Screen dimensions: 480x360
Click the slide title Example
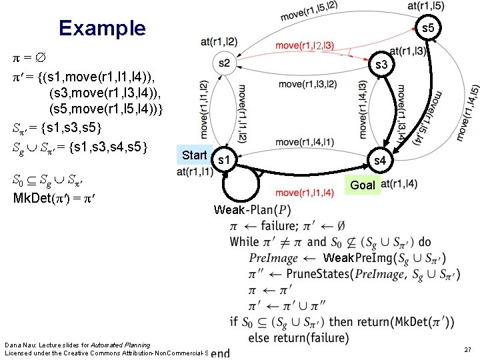[x=101, y=28]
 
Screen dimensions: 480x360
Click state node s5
[x=428, y=29]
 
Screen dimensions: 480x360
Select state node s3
[x=382, y=65]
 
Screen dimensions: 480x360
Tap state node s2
[x=224, y=63]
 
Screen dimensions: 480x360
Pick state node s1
[x=225, y=160]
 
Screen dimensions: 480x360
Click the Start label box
[x=195, y=155]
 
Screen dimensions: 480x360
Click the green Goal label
[x=363, y=185]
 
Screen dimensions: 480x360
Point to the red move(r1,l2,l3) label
[x=305, y=45]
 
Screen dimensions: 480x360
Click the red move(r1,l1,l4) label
[x=304, y=193]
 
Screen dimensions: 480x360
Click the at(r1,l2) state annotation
[x=218, y=42]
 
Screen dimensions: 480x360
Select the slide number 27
[x=467, y=349]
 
